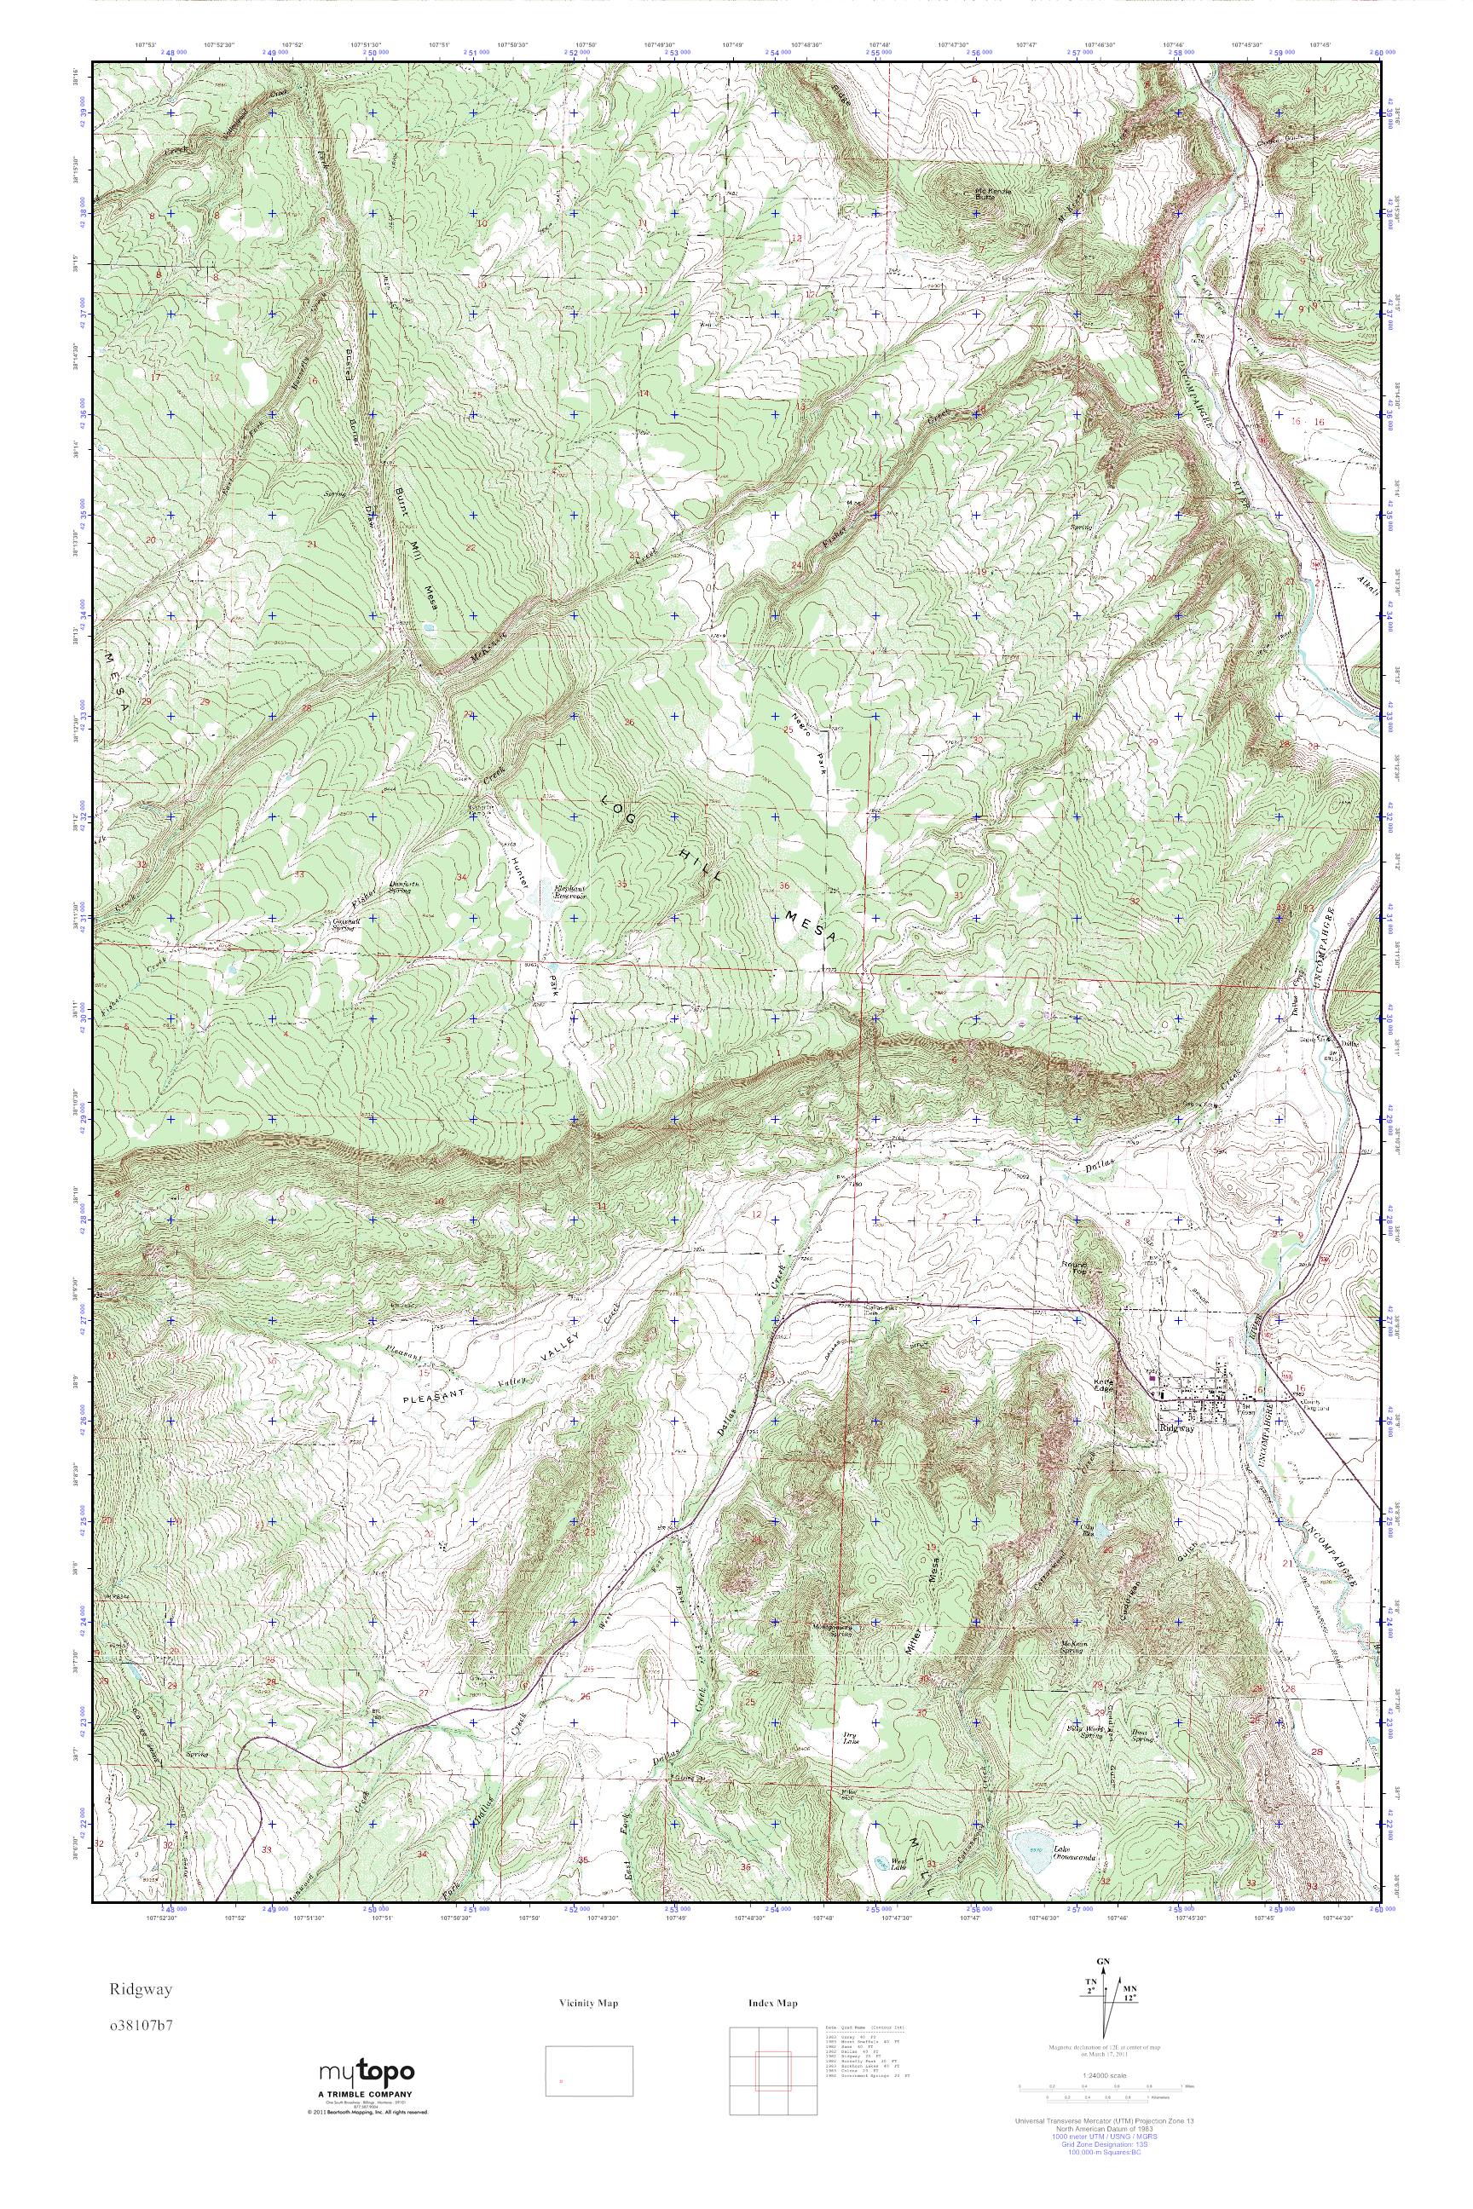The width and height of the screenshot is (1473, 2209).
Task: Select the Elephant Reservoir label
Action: pyautogui.click(x=570, y=891)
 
